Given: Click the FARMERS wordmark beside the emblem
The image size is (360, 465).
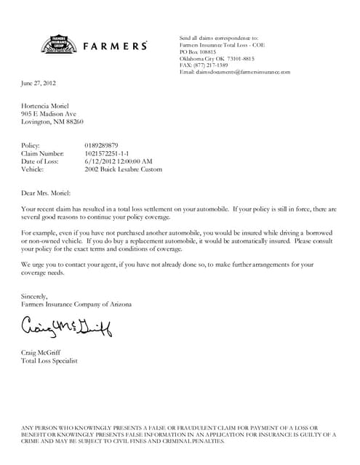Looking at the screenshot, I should (x=116, y=46).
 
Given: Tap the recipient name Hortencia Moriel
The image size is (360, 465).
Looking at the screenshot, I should (x=48, y=106).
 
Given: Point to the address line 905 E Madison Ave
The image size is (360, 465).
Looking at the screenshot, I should (x=49, y=114).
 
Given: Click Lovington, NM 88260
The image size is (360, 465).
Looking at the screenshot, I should (x=52, y=122).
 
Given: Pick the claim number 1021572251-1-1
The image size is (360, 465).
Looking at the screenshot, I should (x=111, y=154).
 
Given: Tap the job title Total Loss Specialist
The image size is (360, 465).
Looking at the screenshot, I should (x=49, y=360).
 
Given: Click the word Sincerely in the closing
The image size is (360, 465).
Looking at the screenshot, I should (x=34, y=296).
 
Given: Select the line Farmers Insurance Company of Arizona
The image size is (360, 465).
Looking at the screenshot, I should (x=76, y=304).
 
